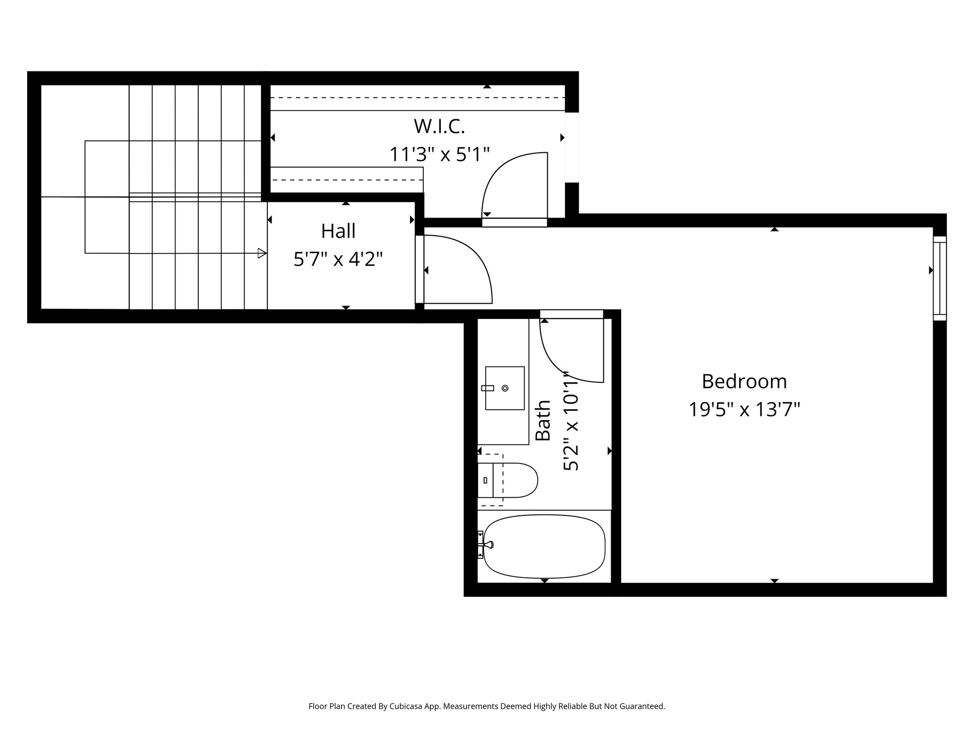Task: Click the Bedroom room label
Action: [744, 382]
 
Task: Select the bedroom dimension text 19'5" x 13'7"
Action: [744, 409]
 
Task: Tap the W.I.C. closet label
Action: [439, 127]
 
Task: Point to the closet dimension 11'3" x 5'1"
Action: [439, 154]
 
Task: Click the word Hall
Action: [338, 231]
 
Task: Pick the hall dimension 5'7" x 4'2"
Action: [338, 259]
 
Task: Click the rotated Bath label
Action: [543, 420]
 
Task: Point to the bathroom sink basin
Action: [505, 388]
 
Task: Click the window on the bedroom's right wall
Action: [939, 278]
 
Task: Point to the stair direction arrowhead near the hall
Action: [262, 253]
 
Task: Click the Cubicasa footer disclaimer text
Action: [487, 706]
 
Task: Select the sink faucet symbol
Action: [488, 388]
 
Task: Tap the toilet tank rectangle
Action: [485, 480]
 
